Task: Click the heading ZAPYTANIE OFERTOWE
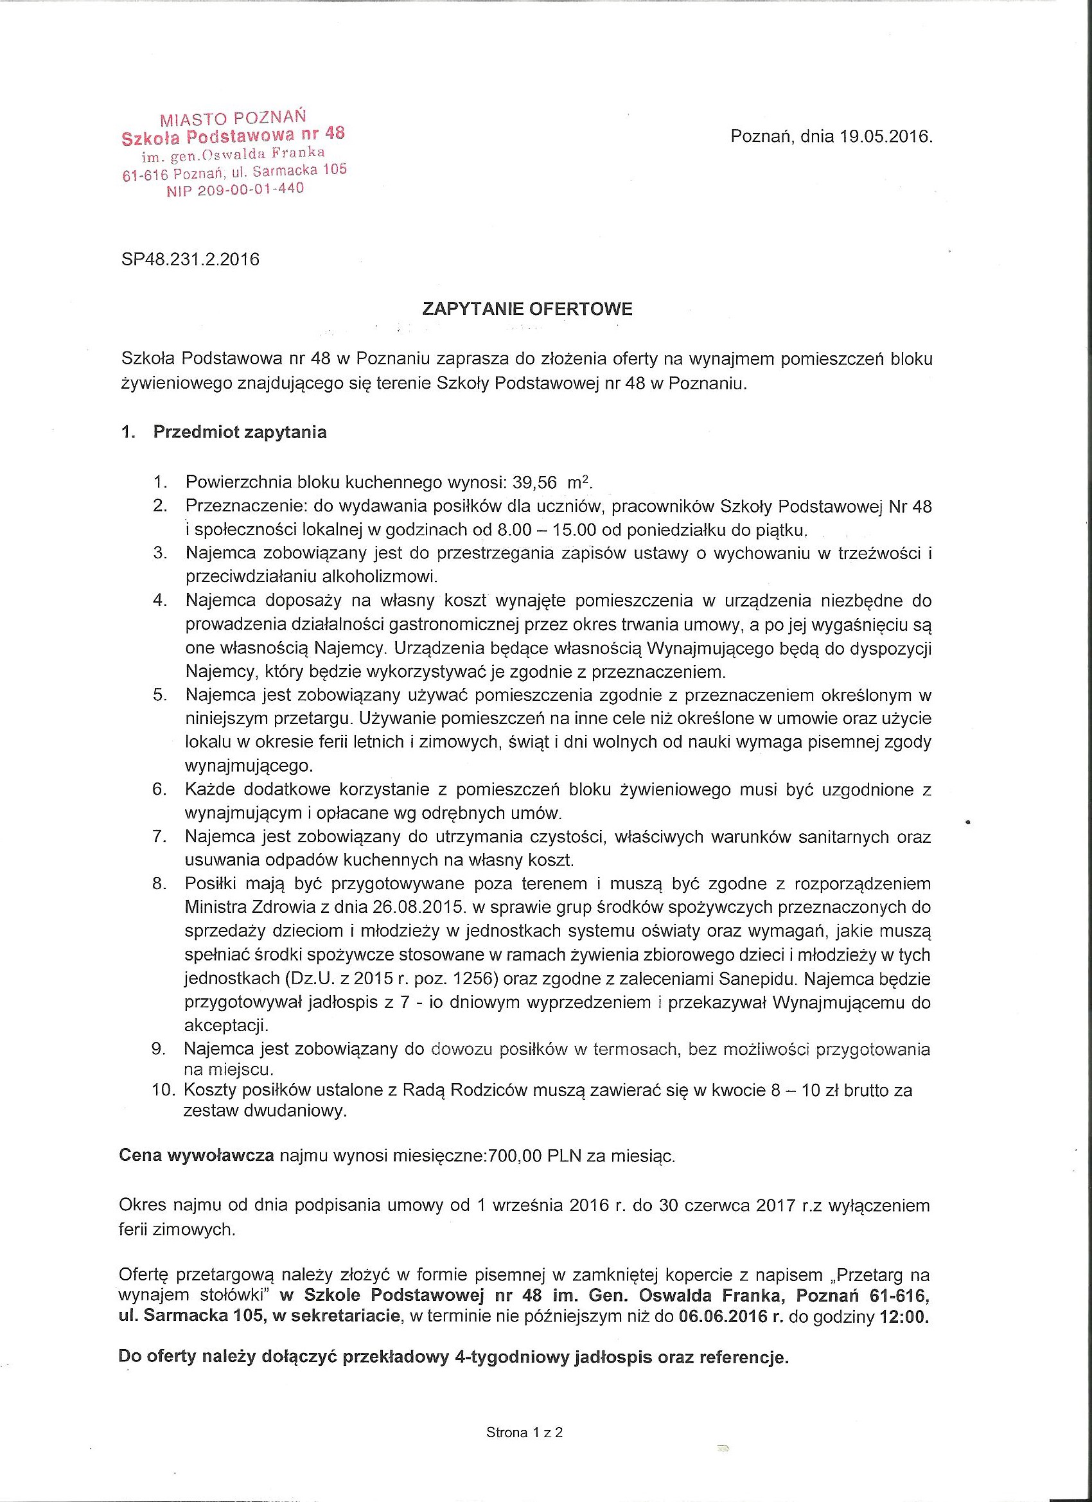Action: [527, 308]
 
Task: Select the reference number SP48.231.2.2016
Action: [191, 259]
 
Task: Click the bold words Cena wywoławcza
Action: [197, 1156]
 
